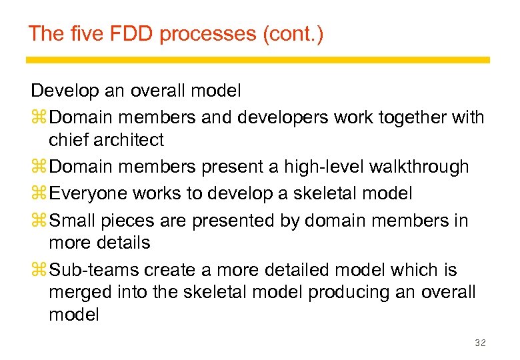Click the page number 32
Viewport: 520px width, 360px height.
pyautogui.click(x=479, y=343)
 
